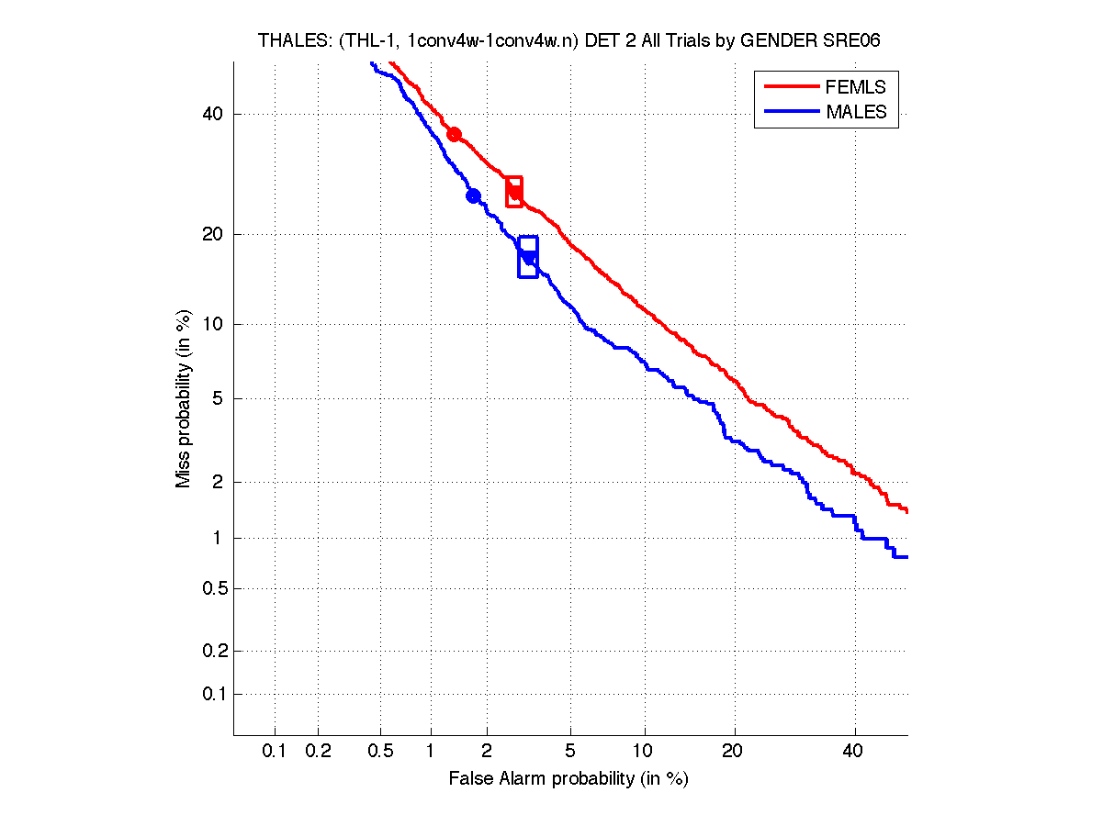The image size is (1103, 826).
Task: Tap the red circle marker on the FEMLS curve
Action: [454, 134]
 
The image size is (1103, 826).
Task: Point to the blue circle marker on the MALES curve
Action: [474, 195]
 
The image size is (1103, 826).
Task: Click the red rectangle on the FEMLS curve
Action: [514, 192]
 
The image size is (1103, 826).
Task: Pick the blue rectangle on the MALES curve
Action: [528, 257]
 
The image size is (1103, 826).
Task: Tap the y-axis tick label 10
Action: [211, 324]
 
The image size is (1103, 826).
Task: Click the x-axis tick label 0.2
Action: [318, 752]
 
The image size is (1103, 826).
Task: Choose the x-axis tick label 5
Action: [570, 752]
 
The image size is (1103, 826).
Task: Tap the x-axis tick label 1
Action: [431, 752]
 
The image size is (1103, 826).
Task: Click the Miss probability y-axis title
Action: [185, 397]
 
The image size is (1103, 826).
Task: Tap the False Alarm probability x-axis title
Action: [568, 779]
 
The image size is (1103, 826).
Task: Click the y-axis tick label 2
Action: [217, 482]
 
